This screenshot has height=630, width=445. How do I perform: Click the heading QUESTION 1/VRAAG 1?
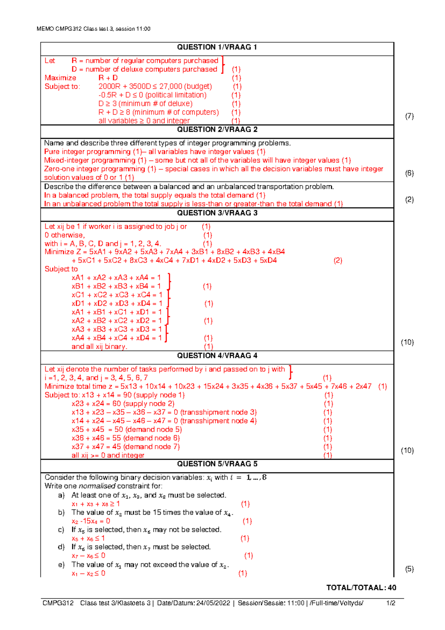click(217, 47)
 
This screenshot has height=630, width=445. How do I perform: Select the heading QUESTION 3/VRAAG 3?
click(217, 213)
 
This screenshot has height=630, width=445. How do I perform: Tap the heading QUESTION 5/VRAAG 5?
click(217, 464)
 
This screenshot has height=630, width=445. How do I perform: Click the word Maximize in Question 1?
click(60, 78)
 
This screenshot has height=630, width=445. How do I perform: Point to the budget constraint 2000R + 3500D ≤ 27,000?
click(155, 86)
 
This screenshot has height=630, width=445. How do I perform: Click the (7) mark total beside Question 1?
click(409, 116)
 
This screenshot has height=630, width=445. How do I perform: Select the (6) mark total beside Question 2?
click(409, 173)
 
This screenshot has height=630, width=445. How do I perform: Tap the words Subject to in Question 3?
click(61, 269)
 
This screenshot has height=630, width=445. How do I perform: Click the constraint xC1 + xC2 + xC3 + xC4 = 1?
click(117, 295)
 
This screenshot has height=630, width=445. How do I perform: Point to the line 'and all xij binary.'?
click(99, 347)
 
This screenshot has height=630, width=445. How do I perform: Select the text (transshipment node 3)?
click(219, 412)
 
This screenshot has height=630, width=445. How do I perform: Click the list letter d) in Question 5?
click(61, 547)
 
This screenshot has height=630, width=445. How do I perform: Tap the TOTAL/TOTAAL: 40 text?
click(361, 588)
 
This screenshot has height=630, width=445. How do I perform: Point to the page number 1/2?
click(390, 603)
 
